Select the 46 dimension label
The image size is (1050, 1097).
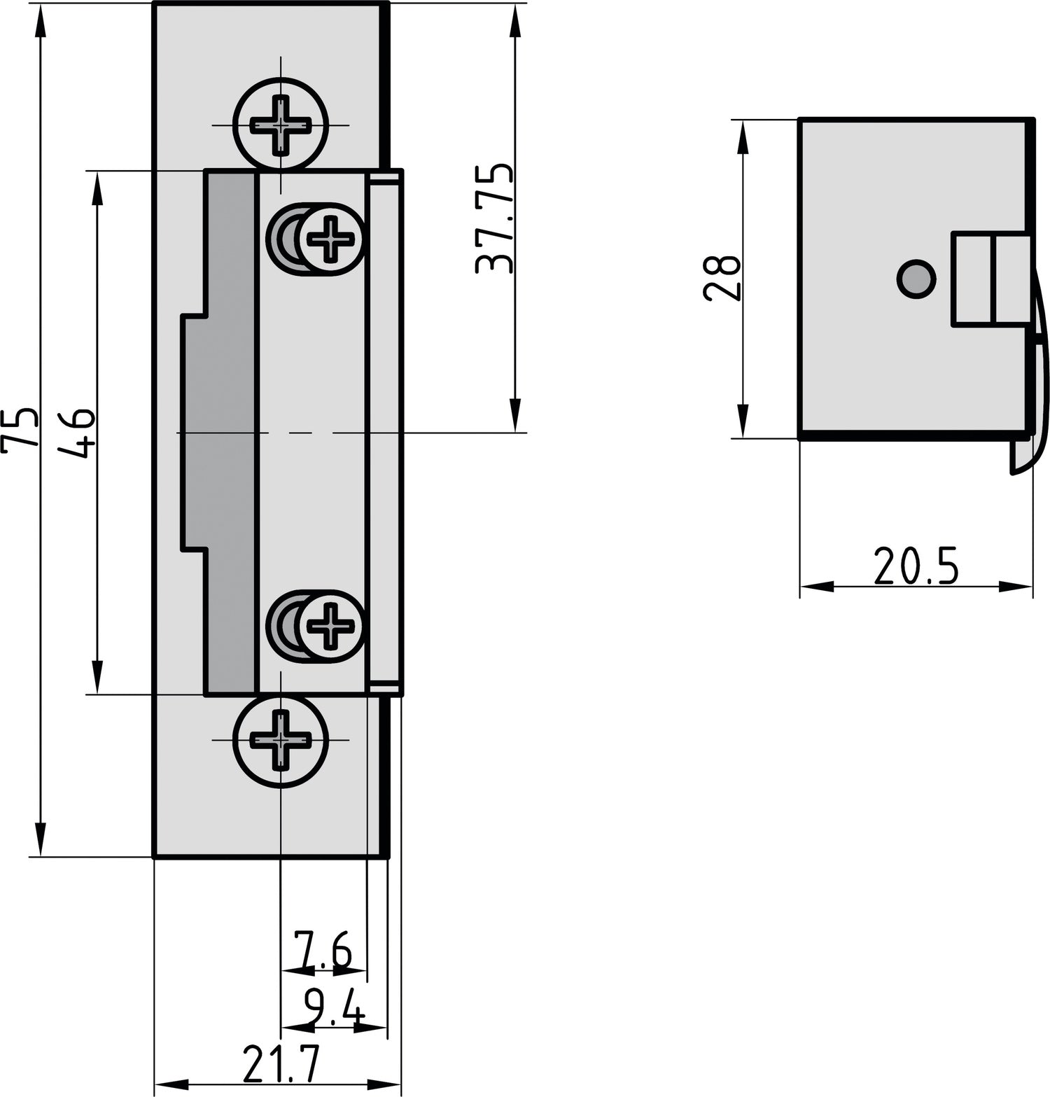76,433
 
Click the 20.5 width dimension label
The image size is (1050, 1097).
916,567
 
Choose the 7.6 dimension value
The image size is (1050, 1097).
321,951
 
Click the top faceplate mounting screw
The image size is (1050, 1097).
280,125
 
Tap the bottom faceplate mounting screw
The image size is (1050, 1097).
280,739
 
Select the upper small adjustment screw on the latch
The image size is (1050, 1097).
330,239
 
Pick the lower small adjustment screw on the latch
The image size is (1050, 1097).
330,625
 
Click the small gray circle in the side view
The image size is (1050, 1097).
915,279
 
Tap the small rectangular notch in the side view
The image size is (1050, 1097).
990,279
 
